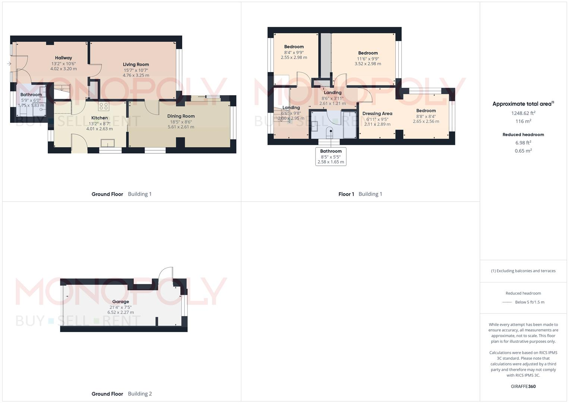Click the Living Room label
136,65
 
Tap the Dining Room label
181,116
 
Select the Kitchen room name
99,118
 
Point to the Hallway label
63,58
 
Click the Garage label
121,302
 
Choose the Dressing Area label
377,113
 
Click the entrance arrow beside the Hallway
9,64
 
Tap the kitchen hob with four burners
104,106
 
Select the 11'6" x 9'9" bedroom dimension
368,59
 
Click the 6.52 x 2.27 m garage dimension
121,312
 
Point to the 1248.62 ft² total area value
523,113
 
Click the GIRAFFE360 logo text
523,386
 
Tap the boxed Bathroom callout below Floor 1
331,156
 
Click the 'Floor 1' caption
346,194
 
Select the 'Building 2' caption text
140,394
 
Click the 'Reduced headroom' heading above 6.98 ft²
523,134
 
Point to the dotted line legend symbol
507,302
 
